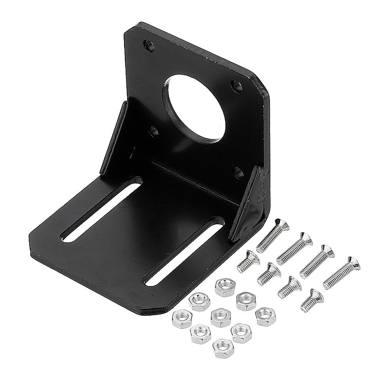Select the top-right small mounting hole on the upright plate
236,85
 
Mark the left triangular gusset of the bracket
114,138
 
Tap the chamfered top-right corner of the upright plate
259,81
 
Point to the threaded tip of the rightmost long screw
327,285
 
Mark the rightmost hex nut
265,316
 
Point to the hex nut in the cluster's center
220,318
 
